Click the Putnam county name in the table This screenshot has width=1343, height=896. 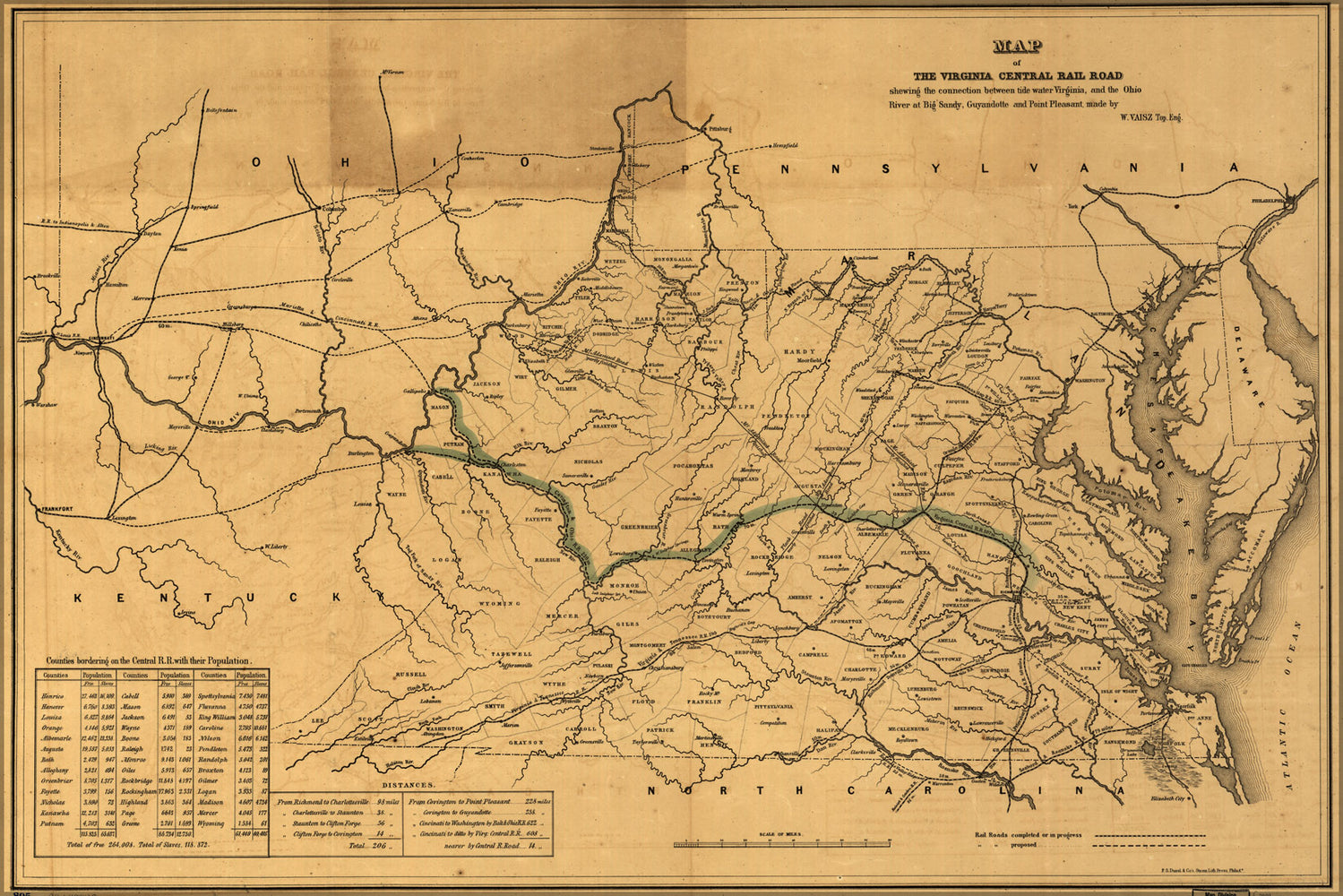pos(53,822)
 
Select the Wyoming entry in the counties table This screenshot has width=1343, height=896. pos(212,822)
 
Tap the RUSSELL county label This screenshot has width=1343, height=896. pos(411,674)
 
